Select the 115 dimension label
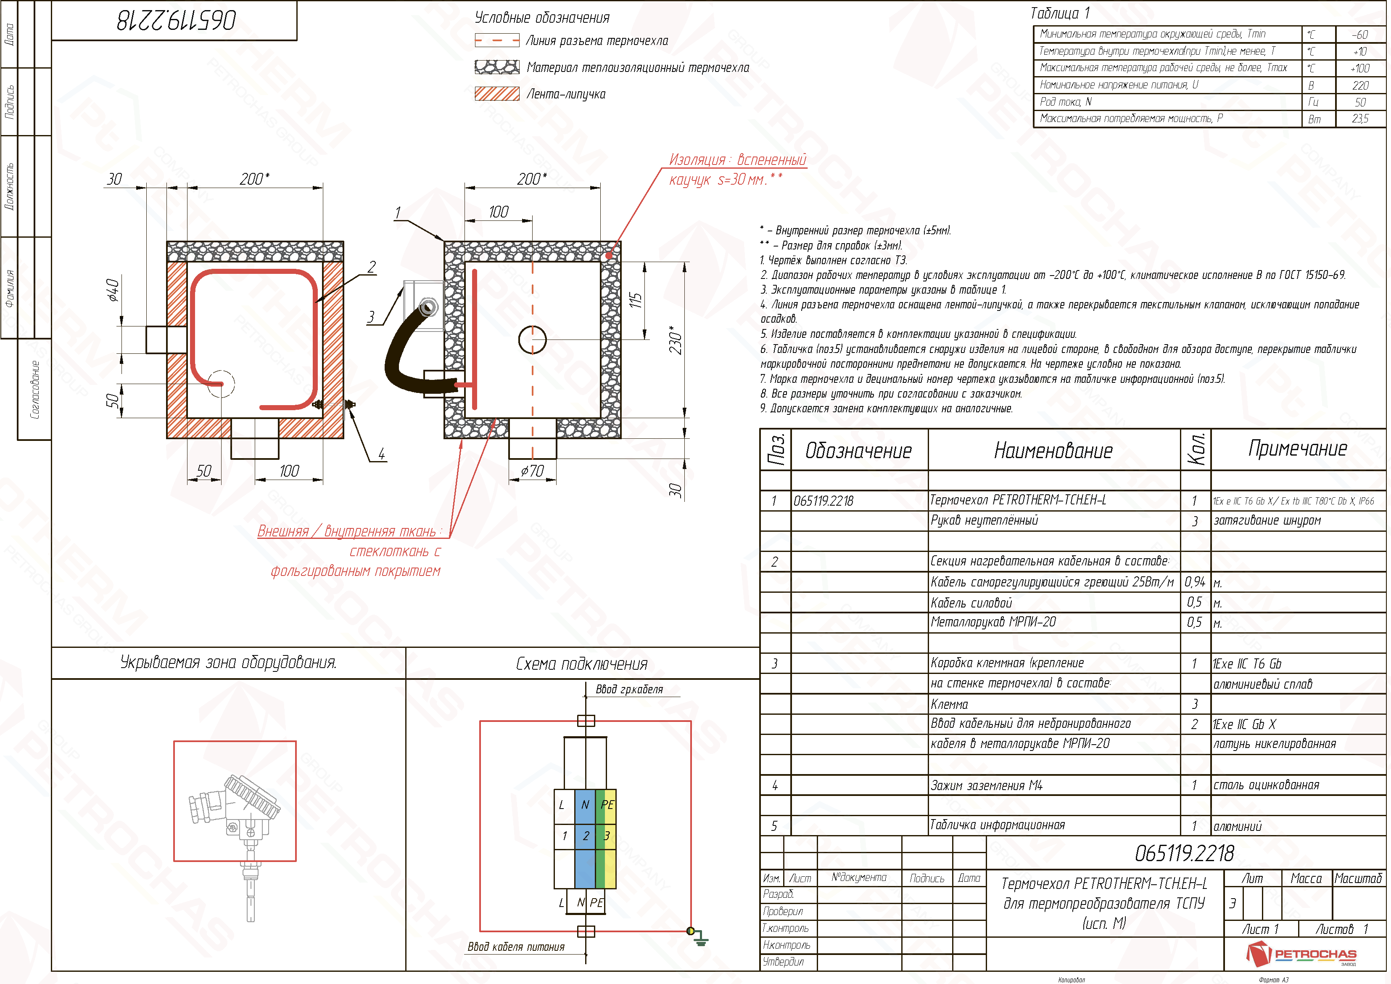[635, 300]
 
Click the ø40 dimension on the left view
[113, 290]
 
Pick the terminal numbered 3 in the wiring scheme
[607, 835]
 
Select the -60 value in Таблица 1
[1359, 34]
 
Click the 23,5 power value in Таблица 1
[1359, 119]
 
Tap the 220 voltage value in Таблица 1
[1359, 85]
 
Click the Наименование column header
[1053, 451]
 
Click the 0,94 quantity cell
[1195, 582]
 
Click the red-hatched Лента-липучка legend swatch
[497, 94]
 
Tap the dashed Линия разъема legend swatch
[497, 41]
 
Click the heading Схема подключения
[582, 664]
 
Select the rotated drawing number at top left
[176, 21]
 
